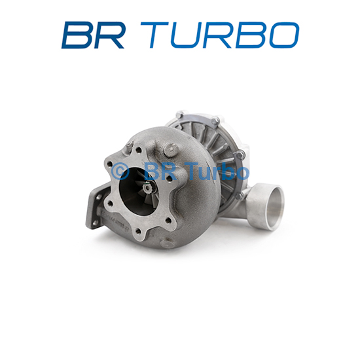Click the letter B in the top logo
tap(77, 35)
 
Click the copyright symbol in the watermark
tap(120, 171)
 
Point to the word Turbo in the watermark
tap(218, 171)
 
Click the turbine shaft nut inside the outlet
tap(146, 189)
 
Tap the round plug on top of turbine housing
tap(171, 149)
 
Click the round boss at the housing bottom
tap(168, 243)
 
